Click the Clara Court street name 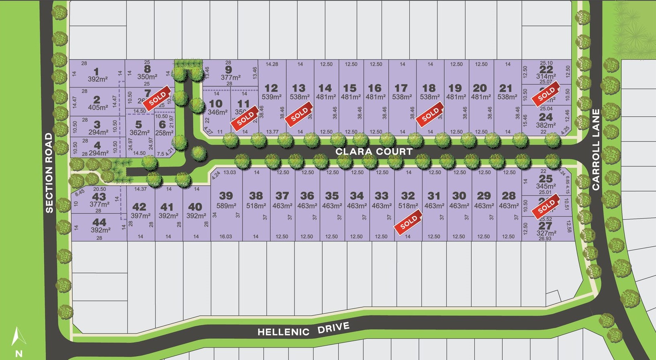tap(374, 151)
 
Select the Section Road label tap(49, 173)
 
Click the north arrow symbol tap(18, 340)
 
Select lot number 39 tap(226, 196)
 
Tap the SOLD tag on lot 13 tap(299, 115)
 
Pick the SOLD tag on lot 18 tap(430, 115)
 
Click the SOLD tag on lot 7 tap(157, 98)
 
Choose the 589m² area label tap(226, 206)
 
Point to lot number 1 tap(96, 72)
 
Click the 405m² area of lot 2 tap(98, 108)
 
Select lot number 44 tap(99, 222)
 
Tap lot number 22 tap(546, 69)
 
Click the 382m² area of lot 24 tap(546, 125)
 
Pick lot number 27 tap(545, 226)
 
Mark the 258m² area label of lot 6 tap(164, 133)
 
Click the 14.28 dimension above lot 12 tap(272, 64)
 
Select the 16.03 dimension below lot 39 tap(226, 237)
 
